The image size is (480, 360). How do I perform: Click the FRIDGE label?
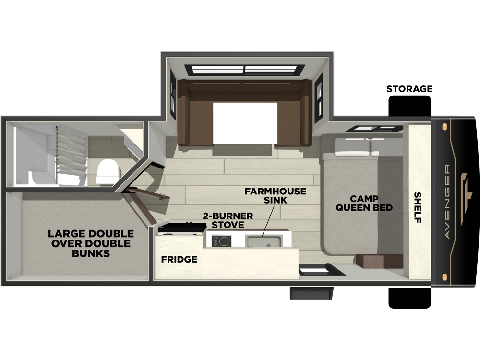(x=179, y=259)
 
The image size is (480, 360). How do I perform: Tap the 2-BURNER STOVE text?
(x=228, y=220)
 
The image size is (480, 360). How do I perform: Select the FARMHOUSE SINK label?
(x=275, y=196)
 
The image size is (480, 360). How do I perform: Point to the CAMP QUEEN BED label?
(x=364, y=203)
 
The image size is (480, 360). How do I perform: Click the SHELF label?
(x=418, y=207)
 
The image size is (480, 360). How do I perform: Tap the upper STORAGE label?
(x=409, y=89)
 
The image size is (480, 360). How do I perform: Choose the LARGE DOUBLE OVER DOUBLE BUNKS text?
(x=91, y=243)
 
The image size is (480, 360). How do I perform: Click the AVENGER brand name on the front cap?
(x=447, y=202)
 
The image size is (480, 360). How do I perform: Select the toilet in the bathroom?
(x=108, y=171)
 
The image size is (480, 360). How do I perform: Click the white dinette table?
(x=245, y=123)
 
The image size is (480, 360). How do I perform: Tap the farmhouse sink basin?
(x=264, y=241)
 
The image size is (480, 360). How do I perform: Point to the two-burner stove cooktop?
(x=222, y=241)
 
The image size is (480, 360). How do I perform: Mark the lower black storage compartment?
(x=409, y=298)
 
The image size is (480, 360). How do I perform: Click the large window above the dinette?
(x=245, y=70)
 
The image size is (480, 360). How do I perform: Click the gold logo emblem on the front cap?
(x=464, y=200)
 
